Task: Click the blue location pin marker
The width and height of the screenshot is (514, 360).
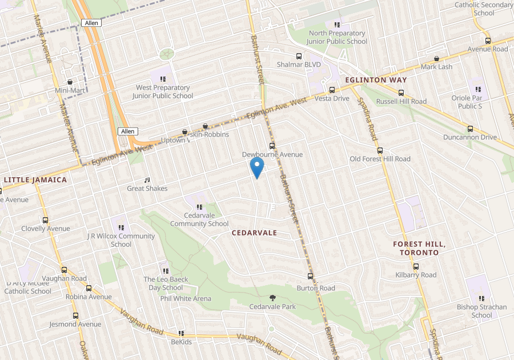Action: coord(257,168)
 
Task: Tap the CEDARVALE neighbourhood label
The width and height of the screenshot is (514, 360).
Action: coord(254,233)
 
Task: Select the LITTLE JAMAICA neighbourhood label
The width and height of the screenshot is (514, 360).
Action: coord(35,179)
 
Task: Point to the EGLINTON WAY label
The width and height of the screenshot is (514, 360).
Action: coord(376,80)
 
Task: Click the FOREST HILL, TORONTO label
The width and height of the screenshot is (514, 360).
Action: coord(419,248)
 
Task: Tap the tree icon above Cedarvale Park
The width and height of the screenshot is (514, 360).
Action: coord(272,298)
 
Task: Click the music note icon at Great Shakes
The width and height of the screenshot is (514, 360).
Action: coord(147,180)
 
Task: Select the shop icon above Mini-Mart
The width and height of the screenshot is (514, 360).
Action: coord(70,82)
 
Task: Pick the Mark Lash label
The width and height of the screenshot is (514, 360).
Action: coord(436,67)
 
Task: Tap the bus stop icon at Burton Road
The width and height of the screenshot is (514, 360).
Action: coord(311,277)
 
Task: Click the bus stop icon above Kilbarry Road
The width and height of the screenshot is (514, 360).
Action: coord(416,266)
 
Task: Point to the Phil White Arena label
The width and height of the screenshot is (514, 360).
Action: coord(186,298)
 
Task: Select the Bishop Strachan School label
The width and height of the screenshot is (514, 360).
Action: coord(481,311)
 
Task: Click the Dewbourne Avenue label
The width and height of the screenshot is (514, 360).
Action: coord(272,154)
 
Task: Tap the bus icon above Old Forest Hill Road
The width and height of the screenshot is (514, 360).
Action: coord(380,150)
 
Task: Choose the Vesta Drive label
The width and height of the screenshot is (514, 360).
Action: coord(332,98)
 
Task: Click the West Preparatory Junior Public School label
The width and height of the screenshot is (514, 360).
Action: coord(163,91)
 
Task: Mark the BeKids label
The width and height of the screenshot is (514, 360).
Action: coord(182,342)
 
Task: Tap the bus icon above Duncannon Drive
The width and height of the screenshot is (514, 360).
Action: coord(471,129)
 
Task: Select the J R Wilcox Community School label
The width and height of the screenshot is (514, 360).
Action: coord(121,240)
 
